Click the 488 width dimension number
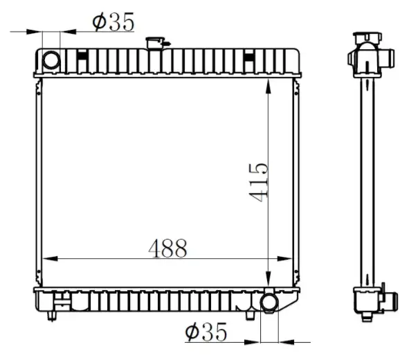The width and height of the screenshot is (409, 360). [167, 248]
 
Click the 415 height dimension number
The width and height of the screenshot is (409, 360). [259, 183]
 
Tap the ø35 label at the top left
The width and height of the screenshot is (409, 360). [113, 21]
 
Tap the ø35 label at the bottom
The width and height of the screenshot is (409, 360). [206, 332]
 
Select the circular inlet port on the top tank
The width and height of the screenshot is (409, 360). [51, 60]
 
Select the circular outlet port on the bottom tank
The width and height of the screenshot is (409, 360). [269, 303]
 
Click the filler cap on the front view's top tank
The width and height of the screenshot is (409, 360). [156, 43]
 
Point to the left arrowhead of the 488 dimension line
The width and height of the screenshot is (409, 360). [50, 259]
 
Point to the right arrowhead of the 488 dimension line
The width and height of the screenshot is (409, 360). [284, 259]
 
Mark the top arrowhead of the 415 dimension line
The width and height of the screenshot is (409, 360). [268, 86]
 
